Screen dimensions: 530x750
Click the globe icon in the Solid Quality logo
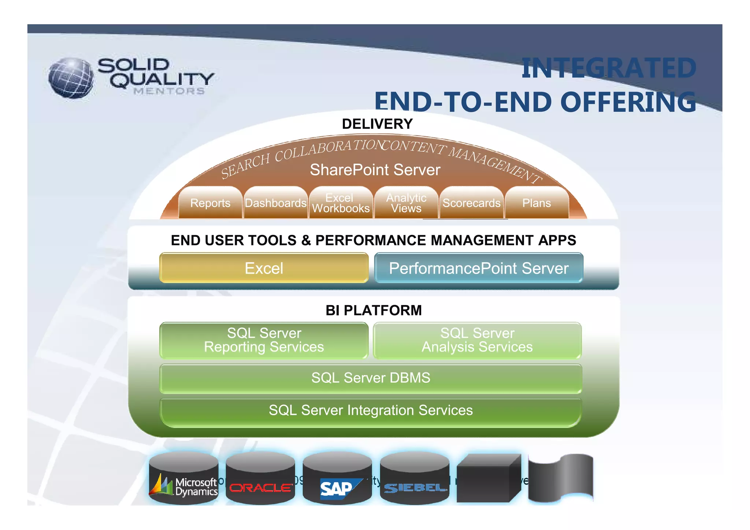(x=71, y=78)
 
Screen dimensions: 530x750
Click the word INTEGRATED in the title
(x=608, y=68)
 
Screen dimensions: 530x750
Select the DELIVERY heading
(x=377, y=124)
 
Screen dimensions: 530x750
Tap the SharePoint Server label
(x=375, y=170)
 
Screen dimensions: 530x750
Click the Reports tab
(x=210, y=203)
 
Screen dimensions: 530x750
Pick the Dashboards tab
(x=275, y=203)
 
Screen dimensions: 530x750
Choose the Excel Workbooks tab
(x=341, y=203)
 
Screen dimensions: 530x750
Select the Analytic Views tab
(x=406, y=203)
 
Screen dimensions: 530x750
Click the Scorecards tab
(x=471, y=203)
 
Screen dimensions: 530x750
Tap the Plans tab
(x=536, y=203)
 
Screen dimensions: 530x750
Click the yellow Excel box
(x=264, y=268)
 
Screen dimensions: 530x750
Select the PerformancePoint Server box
(x=479, y=268)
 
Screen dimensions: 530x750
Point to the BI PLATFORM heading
(x=374, y=310)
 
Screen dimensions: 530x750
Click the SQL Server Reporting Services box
(x=264, y=340)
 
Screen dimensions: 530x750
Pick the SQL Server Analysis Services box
(x=477, y=340)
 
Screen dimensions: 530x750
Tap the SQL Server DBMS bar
(x=371, y=378)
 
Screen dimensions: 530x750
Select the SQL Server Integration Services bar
(x=371, y=411)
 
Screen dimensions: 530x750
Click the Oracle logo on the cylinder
(x=260, y=488)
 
